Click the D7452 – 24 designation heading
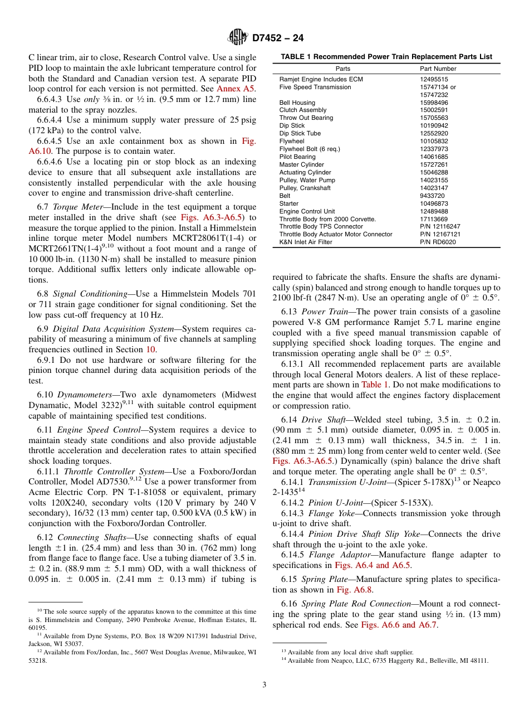pyautogui.click(x=278, y=38)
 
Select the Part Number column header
pyautogui.click(x=438, y=69)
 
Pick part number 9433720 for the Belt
pyautogui.click(x=432, y=196)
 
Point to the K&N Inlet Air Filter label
pyautogui.click(x=306, y=242)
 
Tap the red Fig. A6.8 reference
pyautogui.click(x=354, y=590)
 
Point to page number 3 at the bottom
pyautogui.click(x=264, y=685)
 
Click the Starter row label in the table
pyautogui.click(x=288, y=204)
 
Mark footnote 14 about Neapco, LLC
pyautogui.click(x=384, y=661)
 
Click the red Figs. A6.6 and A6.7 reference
pyautogui.click(x=400, y=625)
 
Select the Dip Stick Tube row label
pyautogui.click(x=300, y=134)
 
